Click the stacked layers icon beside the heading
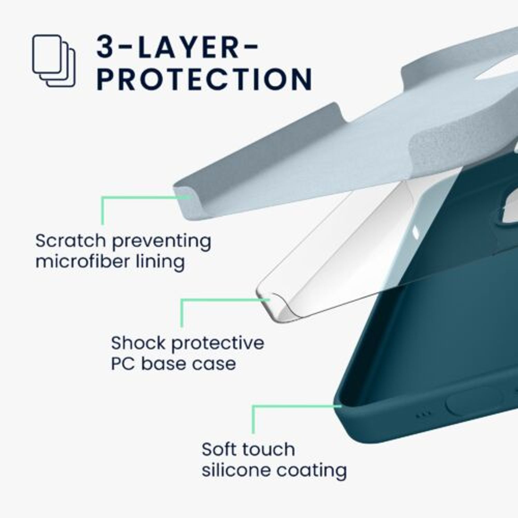pyautogui.click(x=54, y=61)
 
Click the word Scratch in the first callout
pyautogui.click(x=70, y=240)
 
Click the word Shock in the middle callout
pyautogui.click(x=138, y=343)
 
